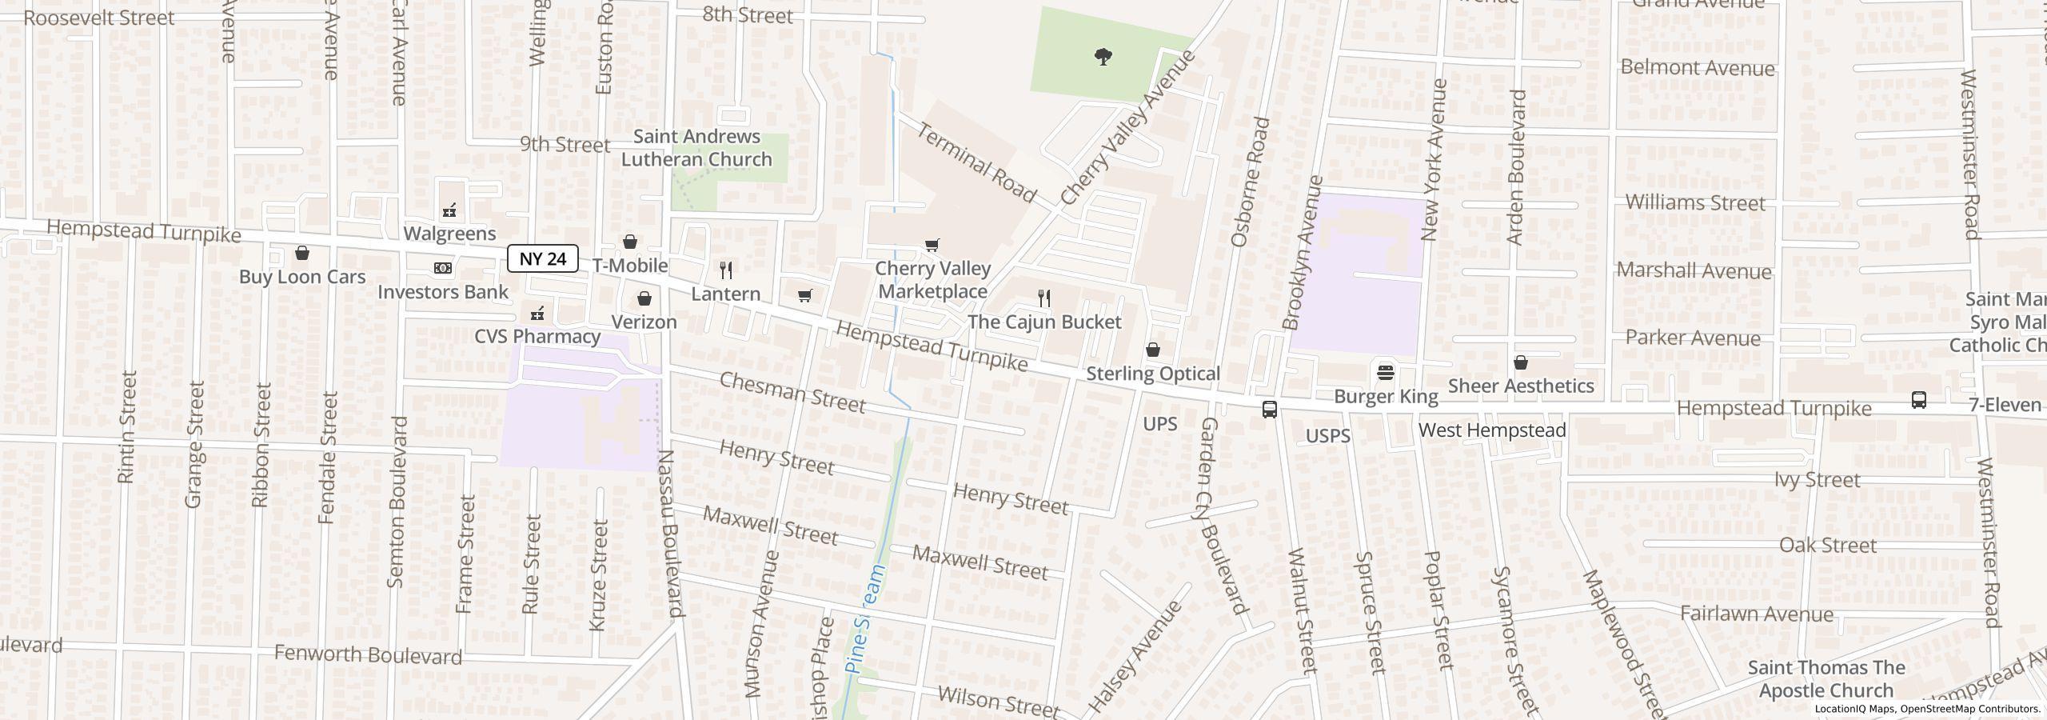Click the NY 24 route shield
542,258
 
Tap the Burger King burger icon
1386,372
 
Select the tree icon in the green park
1103,56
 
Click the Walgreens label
449,234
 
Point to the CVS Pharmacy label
537,336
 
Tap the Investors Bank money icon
442,268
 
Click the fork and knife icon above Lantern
726,270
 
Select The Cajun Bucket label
1044,322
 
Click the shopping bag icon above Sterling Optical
1153,350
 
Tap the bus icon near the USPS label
1269,410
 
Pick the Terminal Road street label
976,162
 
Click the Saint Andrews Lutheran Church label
696,148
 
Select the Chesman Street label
792,392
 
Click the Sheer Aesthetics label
1521,386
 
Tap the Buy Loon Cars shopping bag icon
302,254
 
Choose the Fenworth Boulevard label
368,654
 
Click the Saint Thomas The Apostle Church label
1826,678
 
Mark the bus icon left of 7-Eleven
1918,399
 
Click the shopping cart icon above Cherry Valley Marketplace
932,245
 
